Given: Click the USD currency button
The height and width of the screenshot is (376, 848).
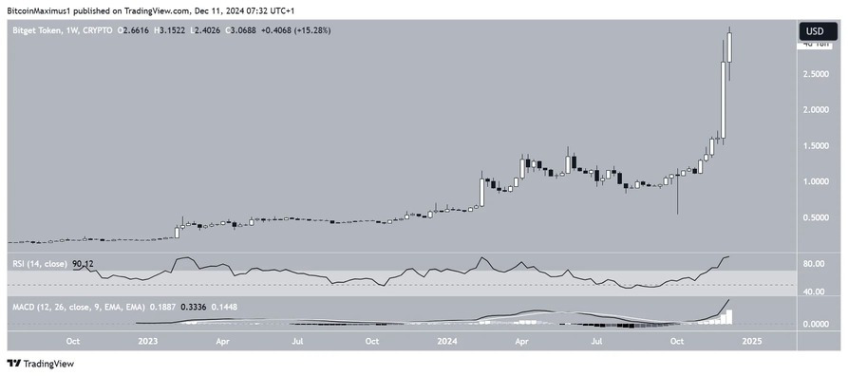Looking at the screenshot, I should [x=815, y=30].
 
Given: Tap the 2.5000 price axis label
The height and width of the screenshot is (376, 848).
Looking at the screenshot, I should [x=816, y=73].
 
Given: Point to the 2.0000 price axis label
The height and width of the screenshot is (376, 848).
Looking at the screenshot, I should [x=816, y=109].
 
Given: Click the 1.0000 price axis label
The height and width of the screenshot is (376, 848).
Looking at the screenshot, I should [x=816, y=181].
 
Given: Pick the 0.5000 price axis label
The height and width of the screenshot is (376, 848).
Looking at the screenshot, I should [x=816, y=217].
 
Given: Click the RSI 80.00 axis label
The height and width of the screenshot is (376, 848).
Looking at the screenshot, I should [x=813, y=264].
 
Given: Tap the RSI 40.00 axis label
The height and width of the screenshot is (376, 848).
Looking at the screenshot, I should [x=813, y=291].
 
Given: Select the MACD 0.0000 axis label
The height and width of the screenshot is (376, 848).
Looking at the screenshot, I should [x=816, y=324].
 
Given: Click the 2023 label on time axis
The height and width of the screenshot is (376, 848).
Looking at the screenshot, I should [x=147, y=340].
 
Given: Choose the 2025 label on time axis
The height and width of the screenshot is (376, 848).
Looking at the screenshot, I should [x=751, y=340].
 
